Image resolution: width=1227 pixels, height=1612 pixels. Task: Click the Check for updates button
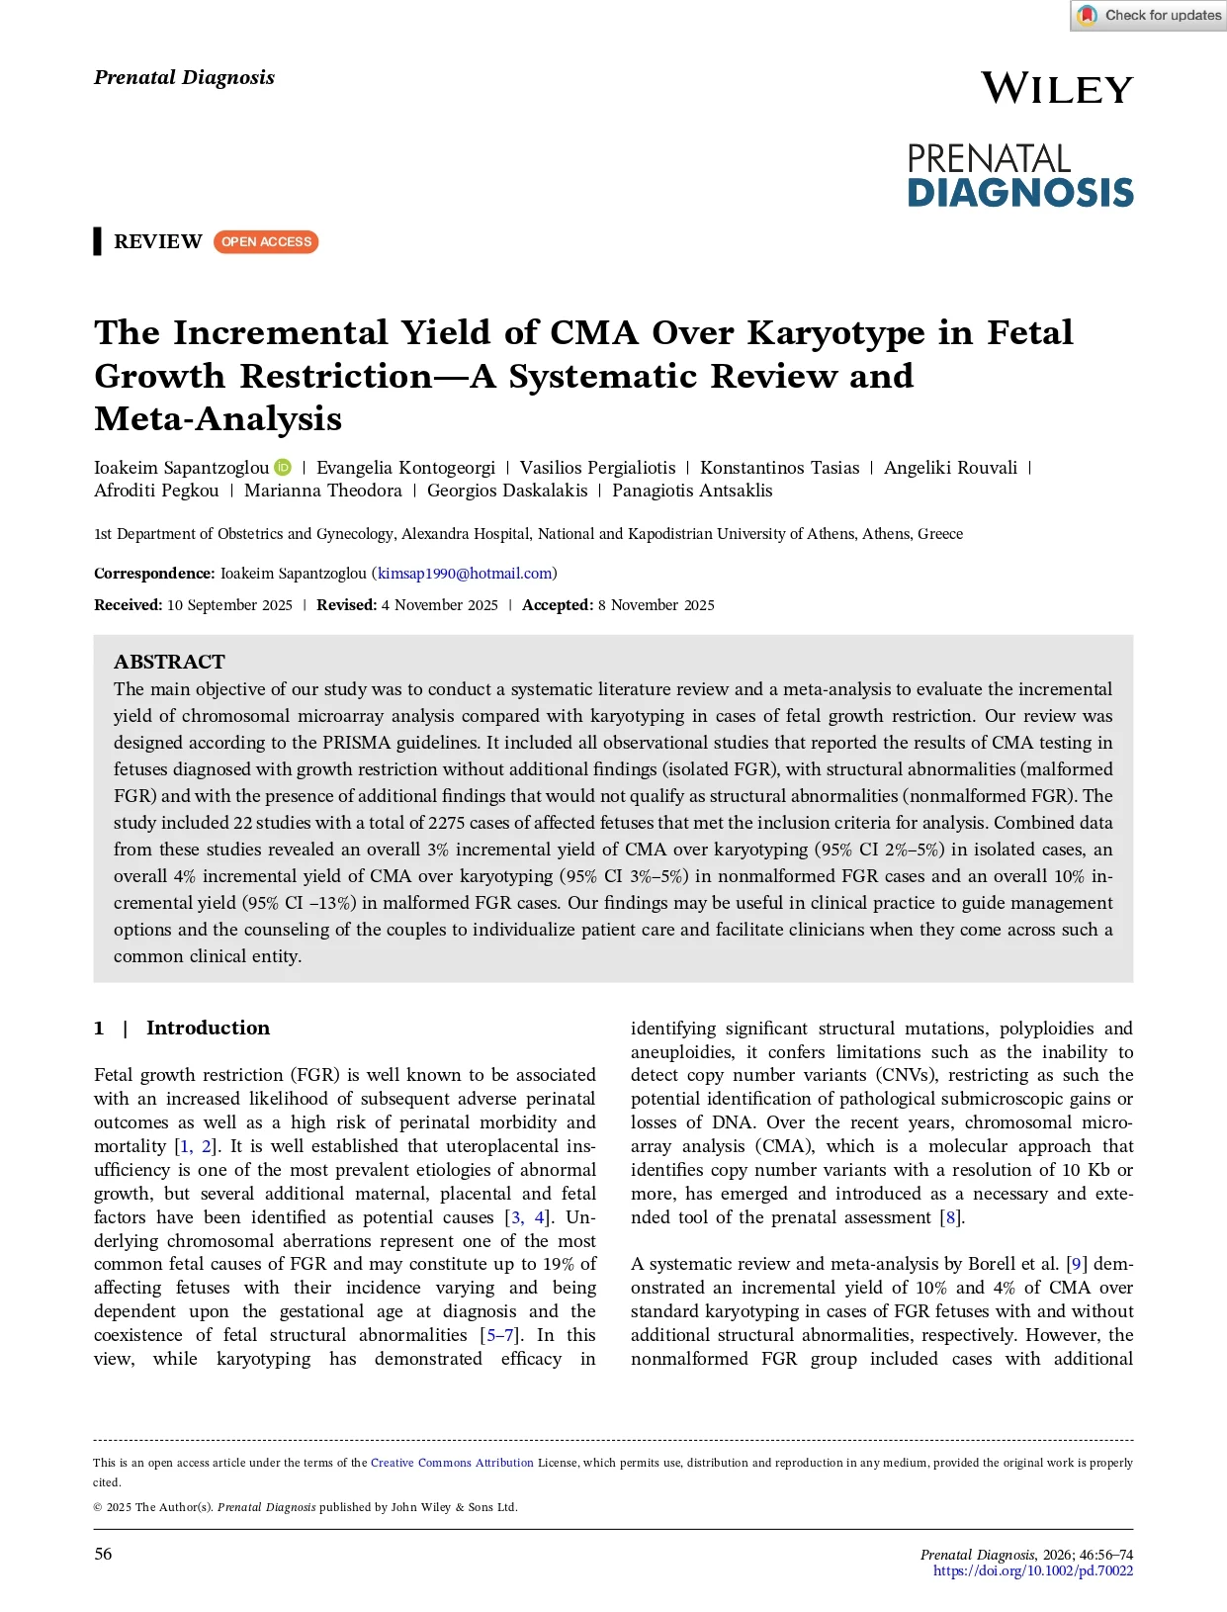[x=1149, y=16]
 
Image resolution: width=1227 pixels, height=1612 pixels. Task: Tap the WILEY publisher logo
[x=1056, y=89]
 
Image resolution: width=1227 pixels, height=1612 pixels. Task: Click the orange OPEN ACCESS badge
[x=266, y=242]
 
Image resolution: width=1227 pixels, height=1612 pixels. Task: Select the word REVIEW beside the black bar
[x=158, y=242]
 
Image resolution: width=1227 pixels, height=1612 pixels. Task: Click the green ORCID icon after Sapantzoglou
[x=284, y=468]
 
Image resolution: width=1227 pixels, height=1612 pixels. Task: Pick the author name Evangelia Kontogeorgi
[x=405, y=468]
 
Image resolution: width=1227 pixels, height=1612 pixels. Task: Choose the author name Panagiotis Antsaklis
[x=692, y=491]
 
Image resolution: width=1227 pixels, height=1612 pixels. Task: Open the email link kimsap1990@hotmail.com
[x=465, y=574]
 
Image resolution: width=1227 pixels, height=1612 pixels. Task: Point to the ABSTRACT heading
[x=169, y=662]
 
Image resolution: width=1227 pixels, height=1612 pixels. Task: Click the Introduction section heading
[x=208, y=1028]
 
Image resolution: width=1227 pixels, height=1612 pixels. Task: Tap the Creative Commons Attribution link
[x=452, y=1463]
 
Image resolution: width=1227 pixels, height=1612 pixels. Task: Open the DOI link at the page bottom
[x=1033, y=1570]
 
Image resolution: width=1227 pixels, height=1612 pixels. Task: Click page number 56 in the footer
[x=103, y=1554]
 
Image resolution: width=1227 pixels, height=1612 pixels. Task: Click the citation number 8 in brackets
[x=951, y=1217]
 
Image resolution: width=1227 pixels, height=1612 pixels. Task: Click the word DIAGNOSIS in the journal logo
[x=1020, y=193]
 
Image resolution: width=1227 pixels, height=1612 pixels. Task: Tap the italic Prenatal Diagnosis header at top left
[x=184, y=77]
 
